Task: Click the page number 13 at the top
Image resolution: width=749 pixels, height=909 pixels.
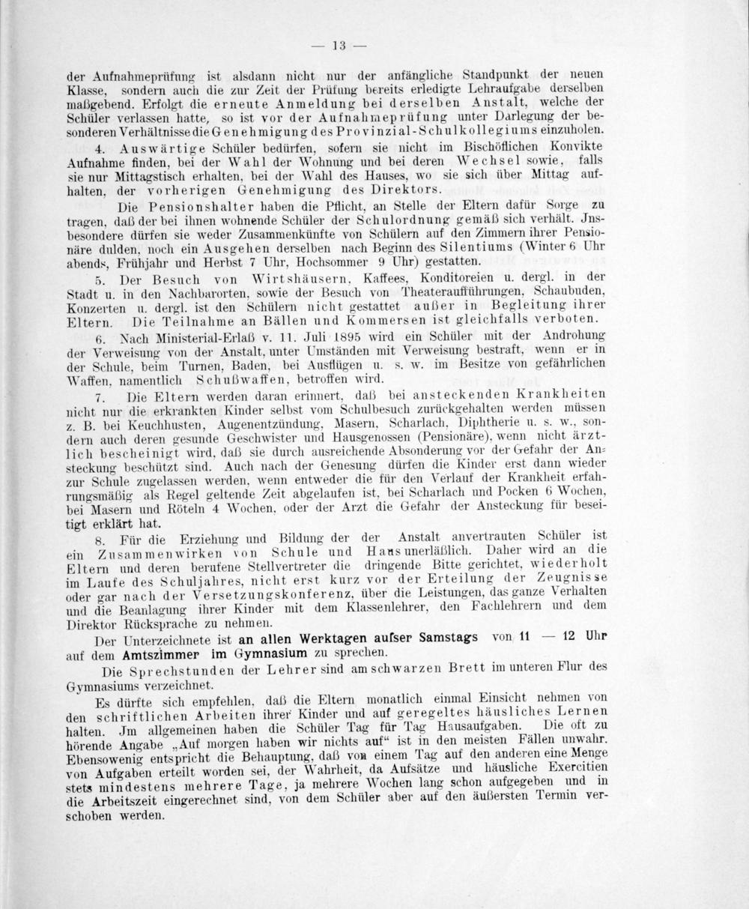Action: coord(338,46)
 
